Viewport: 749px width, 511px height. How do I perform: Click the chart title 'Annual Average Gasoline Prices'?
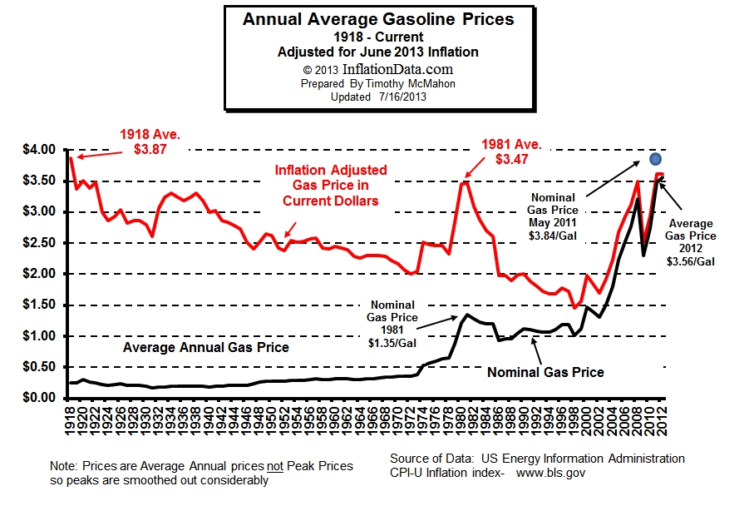pos(378,18)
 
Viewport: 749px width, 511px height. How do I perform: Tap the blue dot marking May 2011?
pos(655,159)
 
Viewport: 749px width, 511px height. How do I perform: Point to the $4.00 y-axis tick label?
pos(37,150)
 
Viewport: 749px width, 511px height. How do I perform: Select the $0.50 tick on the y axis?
pos(37,367)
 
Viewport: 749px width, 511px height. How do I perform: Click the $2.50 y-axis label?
pos(37,243)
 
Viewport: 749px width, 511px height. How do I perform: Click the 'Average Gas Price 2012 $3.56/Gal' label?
pos(692,241)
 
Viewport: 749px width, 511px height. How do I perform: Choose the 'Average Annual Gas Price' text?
pos(206,347)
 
